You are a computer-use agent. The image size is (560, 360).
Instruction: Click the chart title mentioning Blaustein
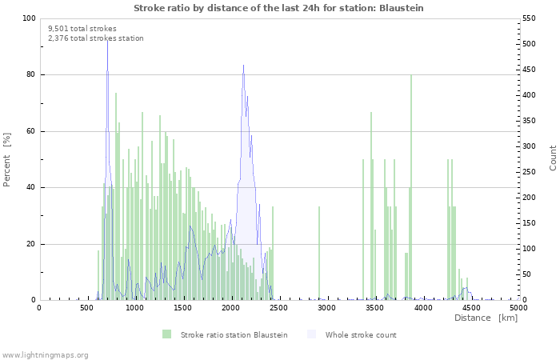pos(278,8)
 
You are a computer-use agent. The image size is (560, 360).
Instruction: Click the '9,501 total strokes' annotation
pos(82,29)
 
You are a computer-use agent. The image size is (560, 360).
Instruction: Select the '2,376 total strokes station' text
pos(96,38)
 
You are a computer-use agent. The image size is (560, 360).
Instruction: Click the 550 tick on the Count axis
pos(530,18)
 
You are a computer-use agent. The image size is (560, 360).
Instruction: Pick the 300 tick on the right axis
pos(530,146)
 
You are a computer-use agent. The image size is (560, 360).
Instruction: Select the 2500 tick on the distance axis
pos(278,307)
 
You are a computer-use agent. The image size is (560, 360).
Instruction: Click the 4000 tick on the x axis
pos(422,307)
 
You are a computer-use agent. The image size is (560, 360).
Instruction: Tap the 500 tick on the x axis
pos(86,307)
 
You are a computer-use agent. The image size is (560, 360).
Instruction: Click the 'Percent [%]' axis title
pos(8,160)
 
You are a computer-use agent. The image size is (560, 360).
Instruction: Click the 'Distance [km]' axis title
pos(486,318)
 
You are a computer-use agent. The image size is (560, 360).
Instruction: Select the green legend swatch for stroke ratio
pos(166,334)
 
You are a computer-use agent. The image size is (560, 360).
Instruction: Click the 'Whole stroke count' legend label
pos(360,334)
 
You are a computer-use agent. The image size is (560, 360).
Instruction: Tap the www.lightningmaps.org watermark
pos(45,354)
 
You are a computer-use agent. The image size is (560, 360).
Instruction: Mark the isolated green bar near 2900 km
pos(319,254)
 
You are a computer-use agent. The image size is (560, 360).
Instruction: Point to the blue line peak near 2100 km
pos(243,66)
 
